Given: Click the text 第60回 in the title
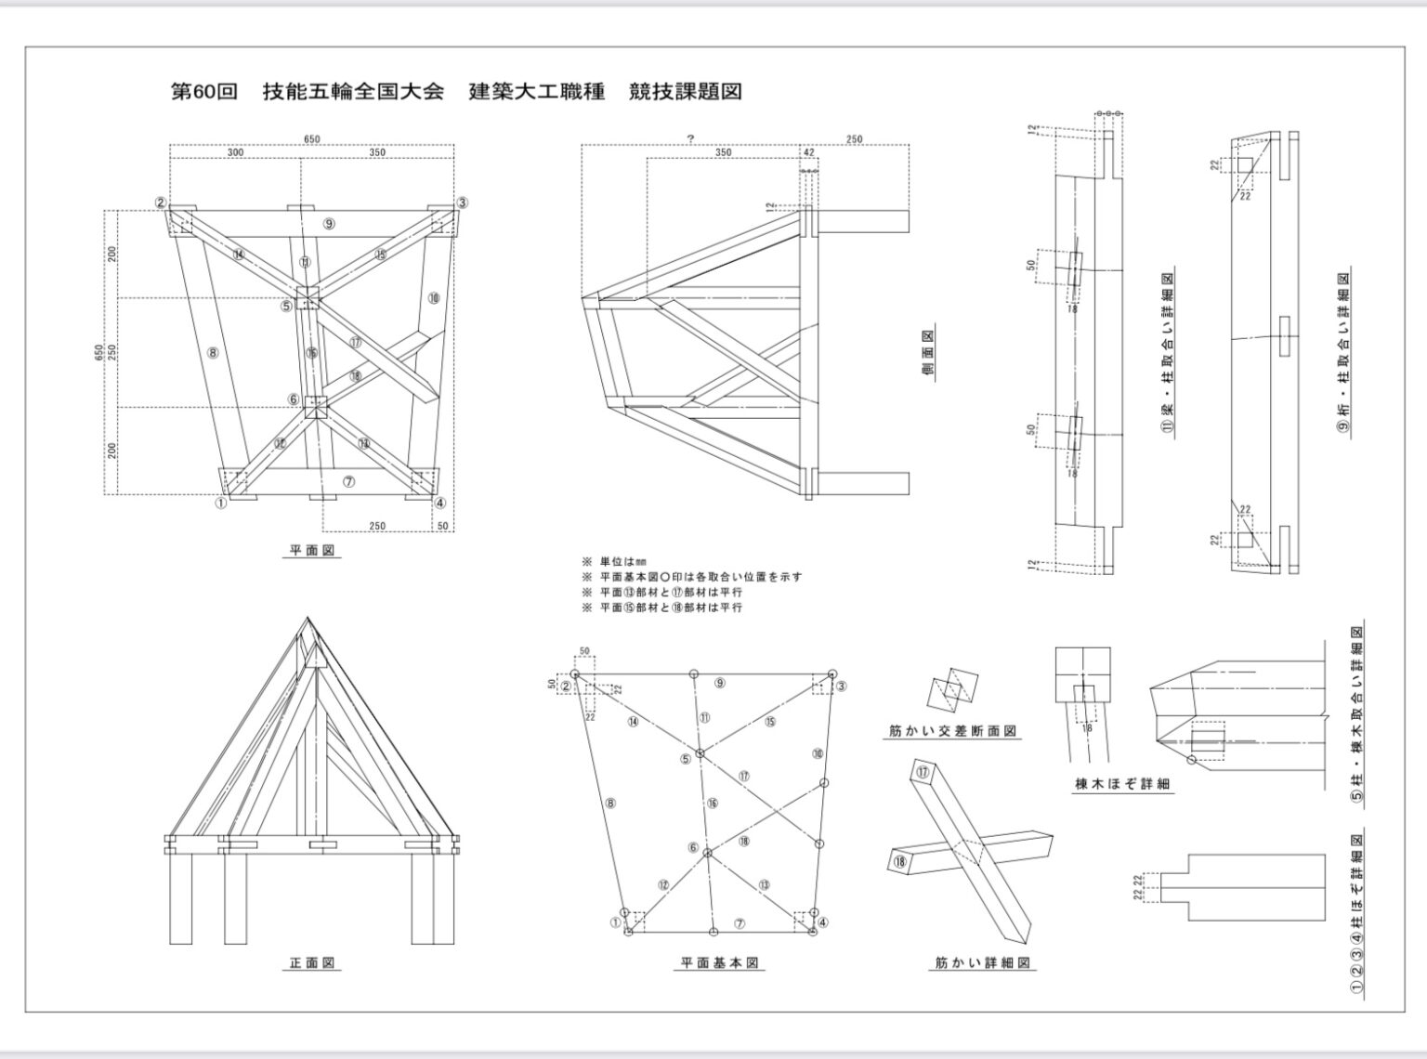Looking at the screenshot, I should tap(204, 91).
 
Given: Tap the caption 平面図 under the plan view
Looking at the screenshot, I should tap(311, 551).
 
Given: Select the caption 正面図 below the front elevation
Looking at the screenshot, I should tap(311, 963).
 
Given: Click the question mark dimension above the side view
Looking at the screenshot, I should tap(690, 139).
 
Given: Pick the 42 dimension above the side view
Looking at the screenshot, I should tap(808, 152).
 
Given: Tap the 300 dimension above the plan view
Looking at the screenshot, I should tap(235, 151).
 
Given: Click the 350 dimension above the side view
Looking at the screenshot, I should tap(722, 152).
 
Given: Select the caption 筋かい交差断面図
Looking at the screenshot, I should tap(951, 731).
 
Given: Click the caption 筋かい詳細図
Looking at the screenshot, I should tap(983, 963).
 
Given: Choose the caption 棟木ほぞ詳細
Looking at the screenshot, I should tap(1122, 784).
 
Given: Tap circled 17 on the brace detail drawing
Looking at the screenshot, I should tap(923, 772).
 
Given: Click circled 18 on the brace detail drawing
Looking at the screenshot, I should tap(899, 861).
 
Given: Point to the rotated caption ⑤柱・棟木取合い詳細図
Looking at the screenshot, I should tap(1357, 716).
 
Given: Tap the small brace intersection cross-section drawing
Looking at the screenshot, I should tap(953, 691).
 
